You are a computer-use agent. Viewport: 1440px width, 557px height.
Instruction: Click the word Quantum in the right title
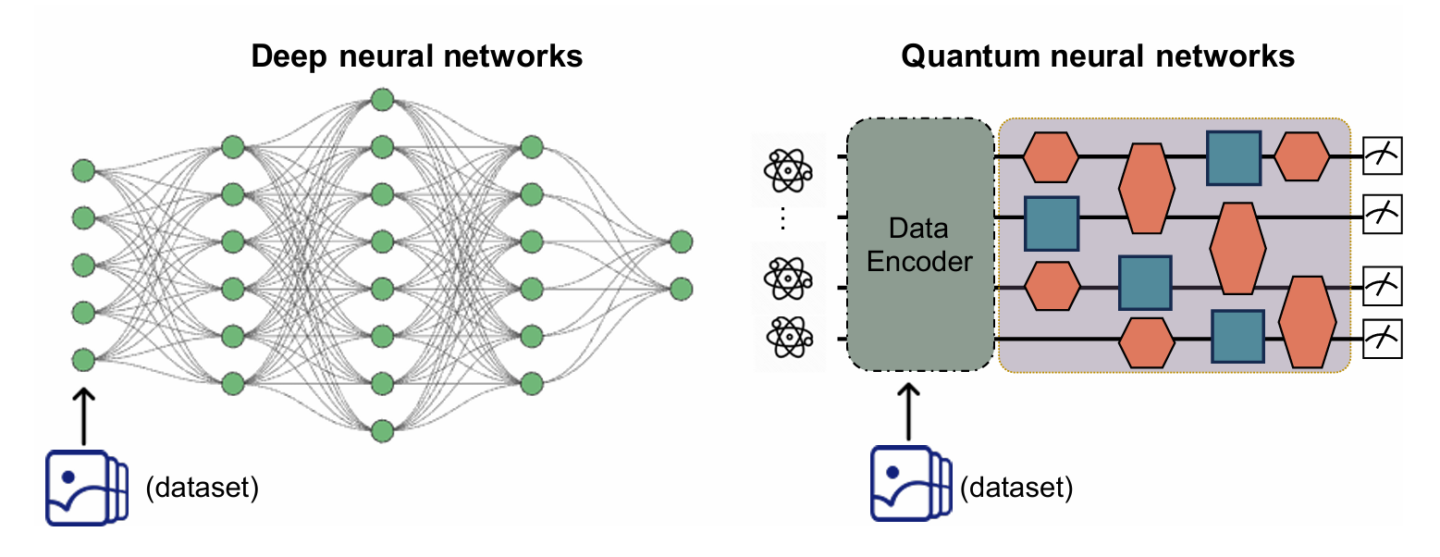coord(970,56)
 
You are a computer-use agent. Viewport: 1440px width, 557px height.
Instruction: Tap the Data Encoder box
coord(920,244)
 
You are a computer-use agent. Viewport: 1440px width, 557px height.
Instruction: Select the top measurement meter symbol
coord(1382,155)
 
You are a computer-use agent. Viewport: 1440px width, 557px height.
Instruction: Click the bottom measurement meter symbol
coord(1382,339)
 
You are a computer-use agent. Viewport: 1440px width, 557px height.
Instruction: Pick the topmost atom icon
coord(788,170)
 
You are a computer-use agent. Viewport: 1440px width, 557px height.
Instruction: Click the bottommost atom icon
coord(790,337)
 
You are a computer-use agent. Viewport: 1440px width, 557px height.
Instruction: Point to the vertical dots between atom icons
coord(782,218)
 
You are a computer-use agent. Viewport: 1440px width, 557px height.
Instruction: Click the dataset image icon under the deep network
coord(87,488)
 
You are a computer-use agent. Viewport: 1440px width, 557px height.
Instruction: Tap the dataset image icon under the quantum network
coord(911,483)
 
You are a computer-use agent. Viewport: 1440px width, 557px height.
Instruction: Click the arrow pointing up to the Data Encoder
coord(908,413)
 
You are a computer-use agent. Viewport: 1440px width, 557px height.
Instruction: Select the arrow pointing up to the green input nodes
coord(83,415)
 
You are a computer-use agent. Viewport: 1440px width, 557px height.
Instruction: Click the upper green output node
coord(682,241)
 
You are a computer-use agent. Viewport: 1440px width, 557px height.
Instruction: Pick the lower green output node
coord(682,290)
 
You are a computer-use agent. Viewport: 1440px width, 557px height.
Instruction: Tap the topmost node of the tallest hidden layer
coord(383,100)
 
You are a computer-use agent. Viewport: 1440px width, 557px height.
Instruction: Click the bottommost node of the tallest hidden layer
coord(383,431)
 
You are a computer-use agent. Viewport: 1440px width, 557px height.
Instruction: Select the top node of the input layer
coord(83,170)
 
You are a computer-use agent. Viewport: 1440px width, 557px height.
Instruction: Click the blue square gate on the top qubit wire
coord(1234,158)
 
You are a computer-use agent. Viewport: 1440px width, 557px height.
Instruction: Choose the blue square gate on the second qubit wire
coord(1051,223)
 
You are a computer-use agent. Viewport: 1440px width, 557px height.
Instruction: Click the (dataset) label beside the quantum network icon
coord(1016,488)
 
